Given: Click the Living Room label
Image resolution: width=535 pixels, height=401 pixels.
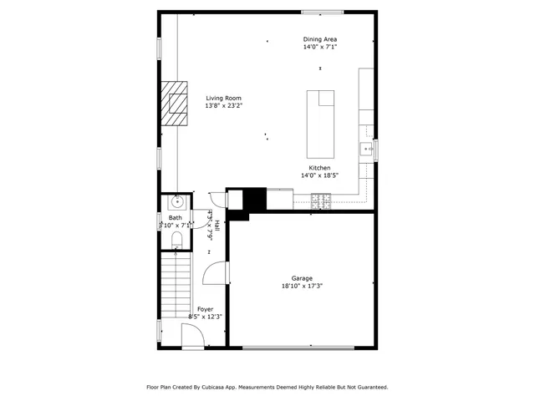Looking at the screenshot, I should [224, 98].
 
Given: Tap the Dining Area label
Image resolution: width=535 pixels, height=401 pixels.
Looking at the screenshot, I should [320, 39].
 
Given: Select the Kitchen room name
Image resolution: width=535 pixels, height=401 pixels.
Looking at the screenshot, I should [319, 168].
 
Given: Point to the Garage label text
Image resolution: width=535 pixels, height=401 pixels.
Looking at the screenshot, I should [302, 278].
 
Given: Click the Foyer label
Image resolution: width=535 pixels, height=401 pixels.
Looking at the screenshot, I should [205, 309].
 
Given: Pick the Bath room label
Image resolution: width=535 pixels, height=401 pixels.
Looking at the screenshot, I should [175, 218].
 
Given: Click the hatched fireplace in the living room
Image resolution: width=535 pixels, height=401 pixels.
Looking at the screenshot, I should [176, 103].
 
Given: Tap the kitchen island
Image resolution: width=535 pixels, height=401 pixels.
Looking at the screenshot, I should [320, 124].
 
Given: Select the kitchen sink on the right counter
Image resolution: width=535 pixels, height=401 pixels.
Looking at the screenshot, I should [366, 150].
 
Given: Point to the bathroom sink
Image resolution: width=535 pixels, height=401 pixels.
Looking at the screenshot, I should [177, 201].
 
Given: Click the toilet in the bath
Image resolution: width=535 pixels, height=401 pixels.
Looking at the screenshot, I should [176, 240].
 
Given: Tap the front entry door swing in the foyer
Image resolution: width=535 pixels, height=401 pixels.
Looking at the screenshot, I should [192, 337].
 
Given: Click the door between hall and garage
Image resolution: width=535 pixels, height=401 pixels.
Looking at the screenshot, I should [217, 274].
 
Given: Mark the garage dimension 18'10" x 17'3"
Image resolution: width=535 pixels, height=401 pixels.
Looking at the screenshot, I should [302, 286].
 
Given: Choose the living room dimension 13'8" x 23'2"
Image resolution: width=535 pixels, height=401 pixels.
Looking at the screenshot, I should [224, 106].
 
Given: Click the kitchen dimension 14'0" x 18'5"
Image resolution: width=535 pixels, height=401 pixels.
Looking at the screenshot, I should [319, 176].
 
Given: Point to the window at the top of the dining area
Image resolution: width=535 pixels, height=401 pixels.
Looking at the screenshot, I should [322, 12].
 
